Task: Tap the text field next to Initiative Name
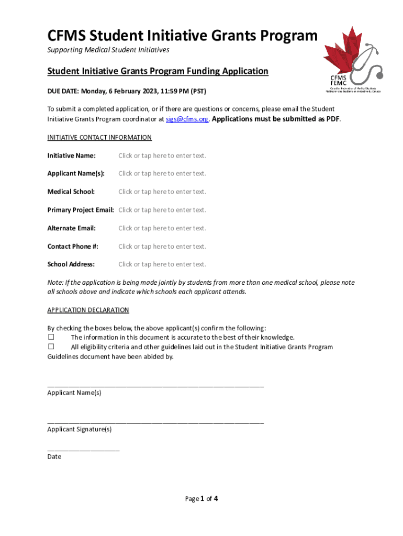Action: tap(162, 155)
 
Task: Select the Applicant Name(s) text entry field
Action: tap(162, 173)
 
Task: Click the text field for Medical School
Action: tap(162, 192)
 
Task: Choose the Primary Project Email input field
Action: tap(162, 210)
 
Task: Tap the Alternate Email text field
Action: tap(162, 228)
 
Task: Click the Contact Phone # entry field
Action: tap(162, 247)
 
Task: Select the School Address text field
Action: tap(162, 264)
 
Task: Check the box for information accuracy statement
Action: tap(51, 337)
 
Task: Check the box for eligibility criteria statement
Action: tap(51, 347)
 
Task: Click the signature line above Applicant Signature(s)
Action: tap(155, 422)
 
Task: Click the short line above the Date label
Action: tap(83, 450)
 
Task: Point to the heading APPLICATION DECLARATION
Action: tap(88, 310)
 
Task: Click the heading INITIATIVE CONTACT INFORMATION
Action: tap(99, 138)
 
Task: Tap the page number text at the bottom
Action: tap(201, 499)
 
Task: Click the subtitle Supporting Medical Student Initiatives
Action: tap(108, 50)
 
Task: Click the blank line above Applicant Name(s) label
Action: tap(155, 385)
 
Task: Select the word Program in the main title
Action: tap(289, 36)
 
